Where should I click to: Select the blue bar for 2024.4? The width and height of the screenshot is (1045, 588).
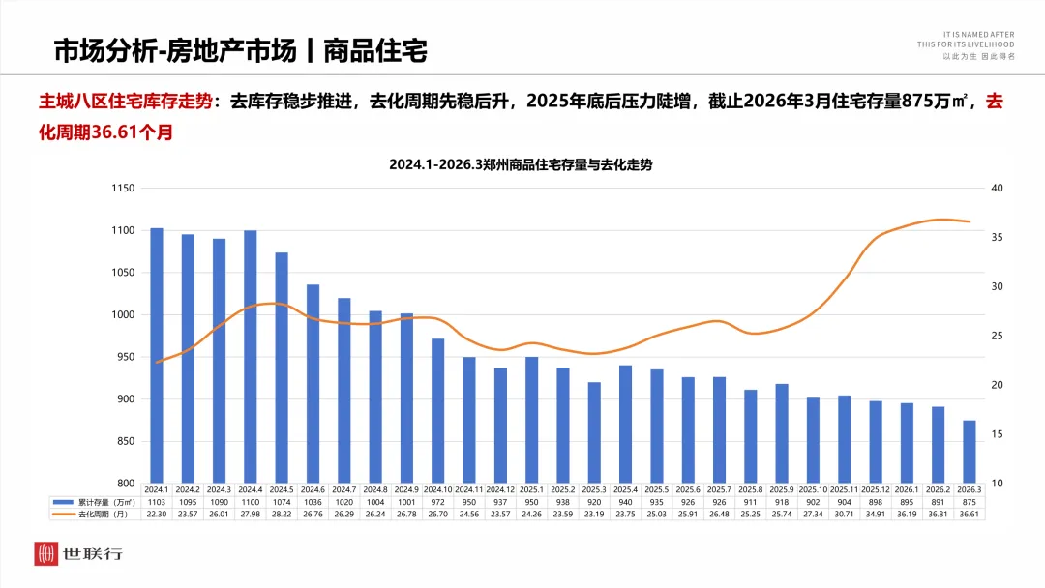click(251, 357)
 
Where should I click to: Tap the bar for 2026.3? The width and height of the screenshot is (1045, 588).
click(970, 452)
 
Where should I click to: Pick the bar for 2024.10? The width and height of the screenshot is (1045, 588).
click(438, 411)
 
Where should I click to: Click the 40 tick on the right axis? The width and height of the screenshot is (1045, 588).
click(999, 188)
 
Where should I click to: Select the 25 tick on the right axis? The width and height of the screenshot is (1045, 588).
click(999, 336)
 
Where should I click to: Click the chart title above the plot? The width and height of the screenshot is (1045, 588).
click(521, 164)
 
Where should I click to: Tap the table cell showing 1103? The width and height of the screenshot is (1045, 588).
click(157, 502)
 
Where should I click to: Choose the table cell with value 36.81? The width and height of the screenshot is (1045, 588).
click(938, 514)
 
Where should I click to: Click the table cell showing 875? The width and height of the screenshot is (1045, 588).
click(970, 502)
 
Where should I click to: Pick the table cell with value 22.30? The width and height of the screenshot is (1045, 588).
click(157, 514)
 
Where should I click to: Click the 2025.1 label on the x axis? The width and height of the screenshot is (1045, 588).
click(532, 489)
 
